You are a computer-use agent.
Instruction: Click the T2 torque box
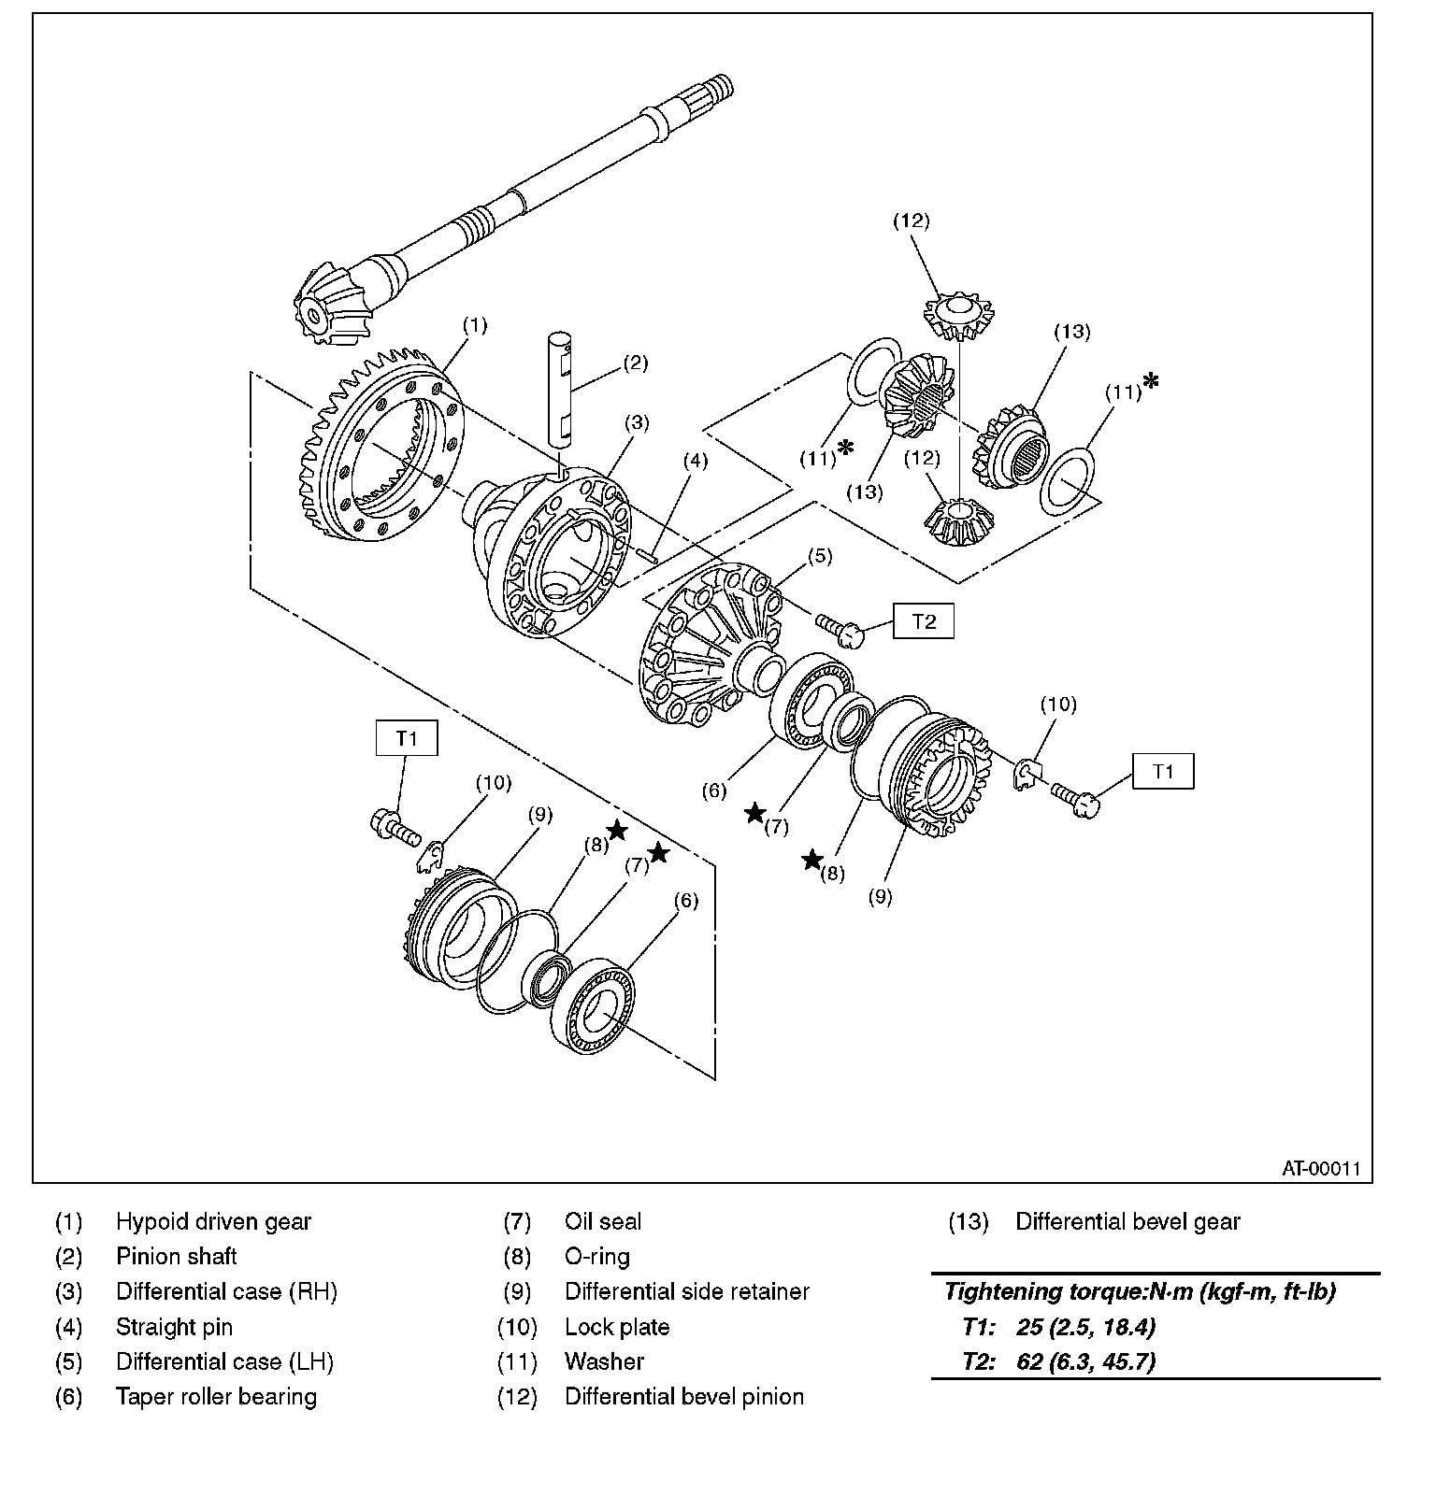click(923, 621)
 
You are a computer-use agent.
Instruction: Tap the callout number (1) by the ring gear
click(475, 325)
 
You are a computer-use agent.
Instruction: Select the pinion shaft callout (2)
click(635, 363)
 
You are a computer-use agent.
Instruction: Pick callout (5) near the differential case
click(819, 556)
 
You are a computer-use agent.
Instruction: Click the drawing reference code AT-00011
click(1320, 1168)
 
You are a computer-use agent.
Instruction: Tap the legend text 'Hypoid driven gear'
click(213, 1221)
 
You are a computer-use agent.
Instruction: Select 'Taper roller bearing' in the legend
click(216, 1397)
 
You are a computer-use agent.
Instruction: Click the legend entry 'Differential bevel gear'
click(1127, 1221)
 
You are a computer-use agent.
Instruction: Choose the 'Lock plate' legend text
click(617, 1327)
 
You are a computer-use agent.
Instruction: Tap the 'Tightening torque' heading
click(1140, 1292)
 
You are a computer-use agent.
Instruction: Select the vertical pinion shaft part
click(564, 388)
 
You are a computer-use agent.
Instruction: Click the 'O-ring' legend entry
click(597, 1257)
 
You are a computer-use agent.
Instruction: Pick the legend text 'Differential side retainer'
click(687, 1291)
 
